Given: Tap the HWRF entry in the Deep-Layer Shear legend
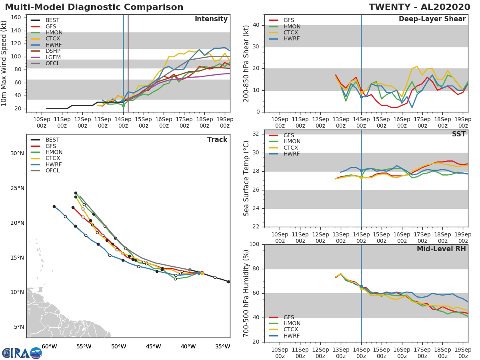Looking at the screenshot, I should (291, 39).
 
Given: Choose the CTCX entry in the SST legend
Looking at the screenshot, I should (291, 148).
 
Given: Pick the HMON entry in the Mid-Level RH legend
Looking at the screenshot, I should (291, 323).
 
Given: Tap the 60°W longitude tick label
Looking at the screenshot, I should (49, 346).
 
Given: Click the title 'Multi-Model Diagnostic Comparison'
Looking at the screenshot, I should (94, 7).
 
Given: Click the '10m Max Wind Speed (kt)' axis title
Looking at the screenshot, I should (4, 64).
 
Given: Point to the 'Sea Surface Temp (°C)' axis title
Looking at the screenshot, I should (246, 178).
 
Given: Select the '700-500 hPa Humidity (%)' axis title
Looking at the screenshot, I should (246, 293).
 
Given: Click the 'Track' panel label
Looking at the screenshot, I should (217, 140).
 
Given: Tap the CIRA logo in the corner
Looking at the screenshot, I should (22, 353).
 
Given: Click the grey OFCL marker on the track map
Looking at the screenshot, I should (189, 270).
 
